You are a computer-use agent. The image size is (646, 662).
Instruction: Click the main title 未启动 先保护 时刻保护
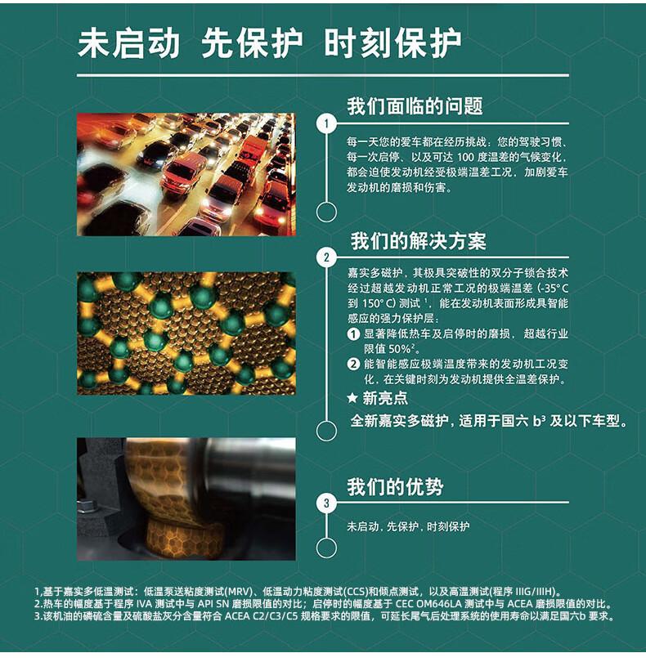(x=270, y=43)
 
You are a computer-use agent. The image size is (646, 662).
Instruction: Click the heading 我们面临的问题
(x=415, y=105)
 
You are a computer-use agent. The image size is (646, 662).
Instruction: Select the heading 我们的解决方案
(x=419, y=241)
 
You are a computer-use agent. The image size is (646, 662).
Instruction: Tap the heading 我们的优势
(x=395, y=487)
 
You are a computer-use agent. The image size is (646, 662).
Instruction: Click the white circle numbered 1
(x=326, y=124)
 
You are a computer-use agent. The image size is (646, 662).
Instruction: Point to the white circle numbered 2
(x=326, y=257)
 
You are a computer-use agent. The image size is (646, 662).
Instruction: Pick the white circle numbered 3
(x=326, y=503)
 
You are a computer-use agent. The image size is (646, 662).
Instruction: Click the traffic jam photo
(x=186, y=174)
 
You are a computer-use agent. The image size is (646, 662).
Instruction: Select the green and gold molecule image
(x=186, y=333)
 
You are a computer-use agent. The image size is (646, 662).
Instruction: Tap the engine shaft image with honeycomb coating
(x=186, y=499)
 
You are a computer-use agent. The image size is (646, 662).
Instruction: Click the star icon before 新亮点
(x=352, y=398)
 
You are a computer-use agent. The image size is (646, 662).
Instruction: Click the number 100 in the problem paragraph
(x=465, y=158)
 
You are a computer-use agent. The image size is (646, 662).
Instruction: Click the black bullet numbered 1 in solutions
(x=352, y=334)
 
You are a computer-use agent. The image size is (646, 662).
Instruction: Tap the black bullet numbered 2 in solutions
(x=352, y=365)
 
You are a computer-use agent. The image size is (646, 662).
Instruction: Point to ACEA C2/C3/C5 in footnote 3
(x=261, y=616)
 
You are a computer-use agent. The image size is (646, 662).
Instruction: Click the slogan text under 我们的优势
(x=408, y=526)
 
